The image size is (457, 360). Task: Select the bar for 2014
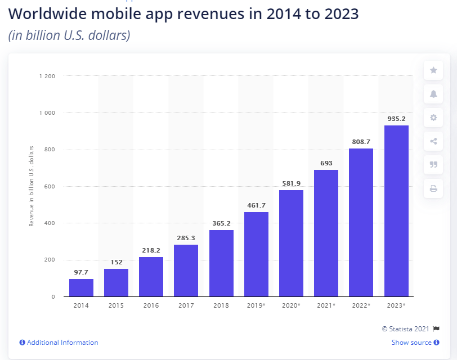click(x=81, y=287)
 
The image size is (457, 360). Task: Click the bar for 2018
click(x=221, y=263)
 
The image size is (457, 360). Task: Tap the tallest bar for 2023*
click(x=396, y=211)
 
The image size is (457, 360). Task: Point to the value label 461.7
click(x=256, y=205)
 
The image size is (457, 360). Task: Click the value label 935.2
click(x=396, y=119)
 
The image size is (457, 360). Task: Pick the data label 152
click(x=116, y=262)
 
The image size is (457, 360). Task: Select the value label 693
click(x=326, y=163)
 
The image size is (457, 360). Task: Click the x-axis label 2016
click(x=151, y=305)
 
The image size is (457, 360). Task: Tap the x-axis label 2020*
click(x=291, y=305)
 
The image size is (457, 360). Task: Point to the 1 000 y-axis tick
click(x=47, y=112)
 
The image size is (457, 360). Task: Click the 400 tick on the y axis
click(x=50, y=223)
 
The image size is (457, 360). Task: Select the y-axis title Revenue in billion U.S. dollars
click(x=32, y=186)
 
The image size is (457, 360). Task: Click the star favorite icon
click(x=433, y=70)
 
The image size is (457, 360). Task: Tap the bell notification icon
click(x=433, y=94)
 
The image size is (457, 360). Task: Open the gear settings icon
click(x=433, y=118)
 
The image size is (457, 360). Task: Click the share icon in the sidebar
click(x=433, y=141)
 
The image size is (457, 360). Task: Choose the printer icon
click(x=433, y=188)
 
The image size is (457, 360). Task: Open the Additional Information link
click(x=62, y=343)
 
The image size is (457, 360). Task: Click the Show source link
click(x=411, y=343)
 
